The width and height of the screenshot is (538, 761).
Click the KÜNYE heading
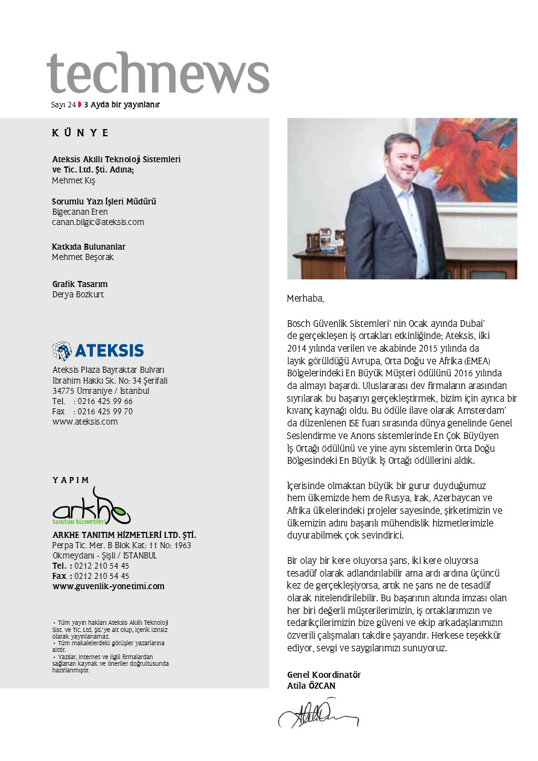pyautogui.click(x=80, y=133)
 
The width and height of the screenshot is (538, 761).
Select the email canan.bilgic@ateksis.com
pyautogui.click(x=98, y=222)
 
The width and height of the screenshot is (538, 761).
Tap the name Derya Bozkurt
pyautogui.click(x=78, y=295)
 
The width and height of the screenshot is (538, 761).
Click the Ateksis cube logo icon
pyautogui.click(x=62, y=350)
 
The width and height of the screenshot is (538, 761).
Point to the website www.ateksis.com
pyautogui.click(x=85, y=422)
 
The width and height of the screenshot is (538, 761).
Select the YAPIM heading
pyautogui.click(x=71, y=481)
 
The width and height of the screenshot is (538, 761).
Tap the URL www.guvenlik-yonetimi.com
pyautogui.click(x=108, y=586)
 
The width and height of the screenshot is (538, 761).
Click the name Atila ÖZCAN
pyautogui.click(x=311, y=686)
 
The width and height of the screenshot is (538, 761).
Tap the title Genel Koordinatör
pyautogui.click(x=324, y=675)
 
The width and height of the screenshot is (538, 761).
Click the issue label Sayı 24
pyautogui.click(x=63, y=104)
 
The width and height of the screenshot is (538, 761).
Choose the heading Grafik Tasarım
pyautogui.click(x=80, y=284)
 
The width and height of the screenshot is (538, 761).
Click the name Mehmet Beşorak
pyautogui.click(x=83, y=257)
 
